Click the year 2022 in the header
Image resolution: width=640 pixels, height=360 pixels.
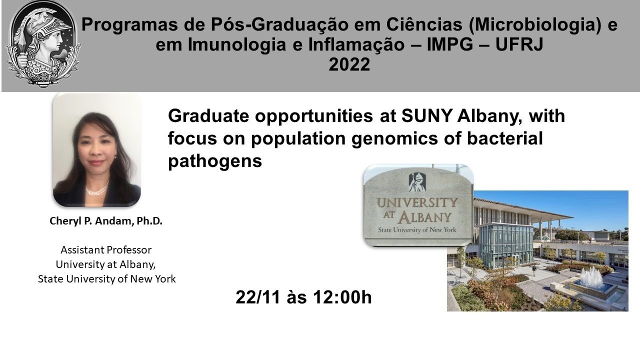[x=349, y=65]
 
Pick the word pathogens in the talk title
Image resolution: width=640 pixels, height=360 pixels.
[x=215, y=161]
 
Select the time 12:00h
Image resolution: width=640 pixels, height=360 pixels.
[x=342, y=297]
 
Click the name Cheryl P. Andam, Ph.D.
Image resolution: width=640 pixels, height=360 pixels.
[x=106, y=221]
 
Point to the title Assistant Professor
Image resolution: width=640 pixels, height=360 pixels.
[x=106, y=249]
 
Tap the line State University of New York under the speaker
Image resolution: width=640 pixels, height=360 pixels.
[x=106, y=279]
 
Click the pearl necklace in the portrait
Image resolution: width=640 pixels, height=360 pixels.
[x=96, y=190]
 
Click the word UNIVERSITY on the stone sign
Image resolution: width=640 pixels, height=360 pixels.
[x=416, y=203]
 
